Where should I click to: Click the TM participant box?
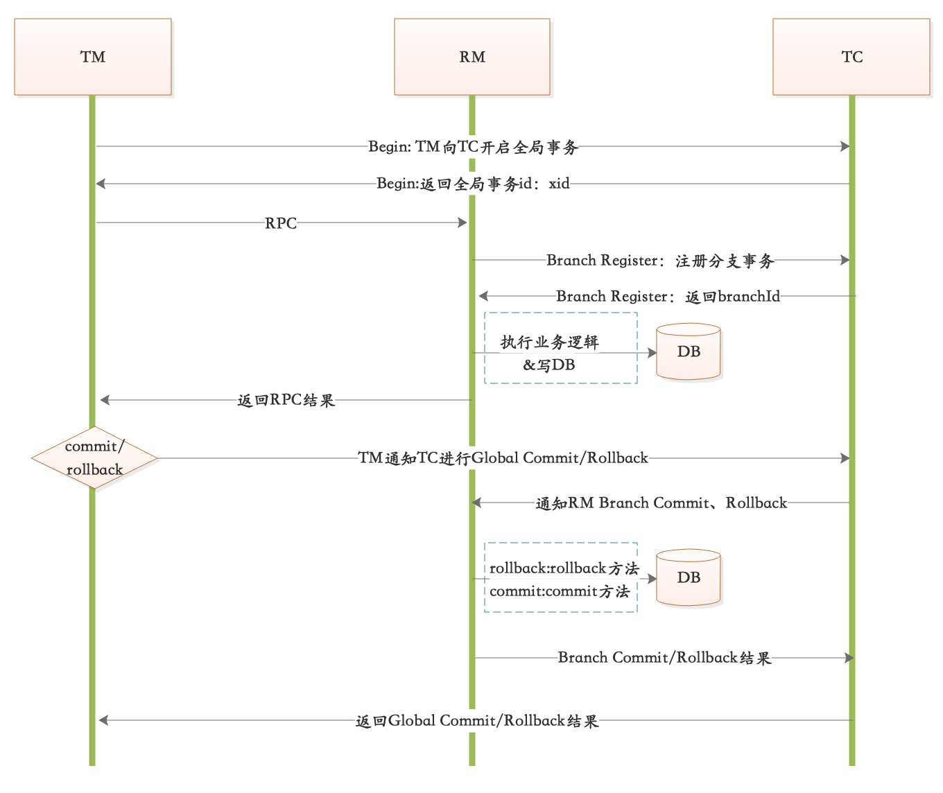(x=93, y=57)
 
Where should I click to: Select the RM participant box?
(x=472, y=57)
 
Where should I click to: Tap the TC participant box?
(x=851, y=57)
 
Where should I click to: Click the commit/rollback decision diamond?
(x=94, y=458)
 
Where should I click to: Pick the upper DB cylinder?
(x=689, y=352)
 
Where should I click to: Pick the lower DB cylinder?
(x=689, y=578)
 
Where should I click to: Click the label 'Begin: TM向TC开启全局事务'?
(x=473, y=147)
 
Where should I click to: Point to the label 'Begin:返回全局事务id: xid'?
(x=473, y=184)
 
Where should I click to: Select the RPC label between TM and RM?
(x=281, y=223)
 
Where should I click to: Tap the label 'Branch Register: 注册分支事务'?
(x=659, y=261)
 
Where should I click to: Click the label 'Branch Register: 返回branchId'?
(x=668, y=297)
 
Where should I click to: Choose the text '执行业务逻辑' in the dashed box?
(x=549, y=342)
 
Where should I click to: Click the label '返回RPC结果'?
(x=286, y=401)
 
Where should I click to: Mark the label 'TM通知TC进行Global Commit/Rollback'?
(x=503, y=458)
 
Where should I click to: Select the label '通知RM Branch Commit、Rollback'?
(x=661, y=503)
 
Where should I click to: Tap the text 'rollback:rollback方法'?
(x=564, y=569)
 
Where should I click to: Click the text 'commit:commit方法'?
(x=559, y=592)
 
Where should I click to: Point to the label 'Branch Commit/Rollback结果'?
(x=664, y=658)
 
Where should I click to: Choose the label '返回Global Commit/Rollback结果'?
(x=476, y=721)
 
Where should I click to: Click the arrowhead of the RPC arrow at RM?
(x=462, y=223)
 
